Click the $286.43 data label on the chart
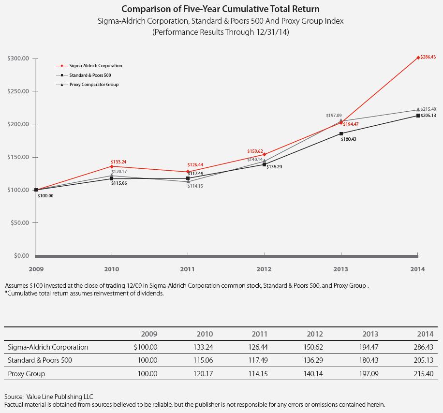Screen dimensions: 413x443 click(x=428, y=57)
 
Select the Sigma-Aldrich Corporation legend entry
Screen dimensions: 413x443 click(x=95, y=66)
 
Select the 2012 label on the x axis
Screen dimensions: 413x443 click(x=264, y=269)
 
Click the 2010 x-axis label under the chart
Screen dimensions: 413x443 click(x=112, y=269)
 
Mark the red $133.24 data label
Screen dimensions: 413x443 click(x=119, y=162)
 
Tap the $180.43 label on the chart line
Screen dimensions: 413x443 click(x=349, y=139)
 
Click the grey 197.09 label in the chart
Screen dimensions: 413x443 click(x=334, y=116)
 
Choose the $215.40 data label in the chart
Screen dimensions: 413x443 click(x=428, y=109)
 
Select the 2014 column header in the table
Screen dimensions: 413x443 click(x=426, y=334)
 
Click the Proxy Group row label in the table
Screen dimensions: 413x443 click(x=27, y=374)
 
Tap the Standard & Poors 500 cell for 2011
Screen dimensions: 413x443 click(x=263, y=360)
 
